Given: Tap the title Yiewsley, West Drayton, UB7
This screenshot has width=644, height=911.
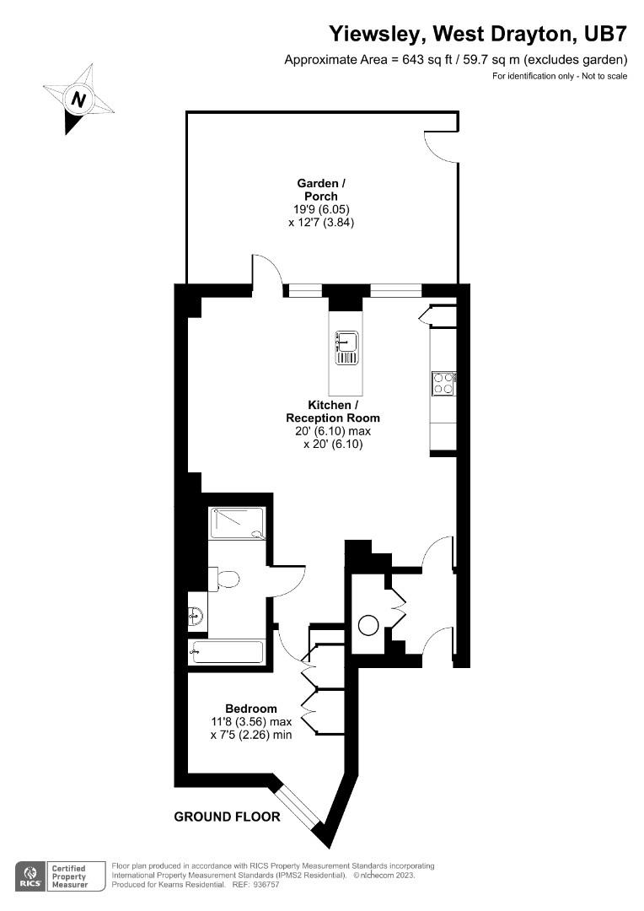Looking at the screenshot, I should click(x=477, y=34).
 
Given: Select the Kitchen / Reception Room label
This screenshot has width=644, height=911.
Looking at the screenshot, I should click(x=332, y=412).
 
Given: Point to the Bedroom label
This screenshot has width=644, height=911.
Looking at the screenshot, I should click(x=250, y=709).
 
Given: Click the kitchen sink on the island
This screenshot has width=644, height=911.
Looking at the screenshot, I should click(x=347, y=347).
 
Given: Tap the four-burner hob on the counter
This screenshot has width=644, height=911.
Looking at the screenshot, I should click(x=443, y=384).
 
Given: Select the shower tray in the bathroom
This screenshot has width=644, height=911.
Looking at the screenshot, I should click(x=237, y=523).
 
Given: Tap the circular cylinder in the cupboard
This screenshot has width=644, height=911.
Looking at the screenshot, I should click(x=369, y=626).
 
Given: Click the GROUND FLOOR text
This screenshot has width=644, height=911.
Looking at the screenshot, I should click(x=227, y=817).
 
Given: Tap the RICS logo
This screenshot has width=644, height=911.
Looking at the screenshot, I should click(x=30, y=875).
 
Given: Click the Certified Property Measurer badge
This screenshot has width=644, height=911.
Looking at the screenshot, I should click(x=70, y=875).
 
